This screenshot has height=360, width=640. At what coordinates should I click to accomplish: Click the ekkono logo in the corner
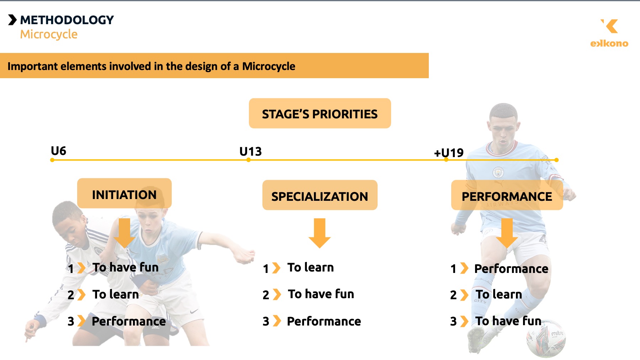coord(609,33)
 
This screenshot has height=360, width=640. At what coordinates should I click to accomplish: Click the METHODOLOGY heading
coord(67,20)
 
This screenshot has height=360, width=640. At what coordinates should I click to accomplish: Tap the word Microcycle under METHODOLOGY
coord(49,34)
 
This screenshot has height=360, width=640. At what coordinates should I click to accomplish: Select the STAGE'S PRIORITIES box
coord(320,113)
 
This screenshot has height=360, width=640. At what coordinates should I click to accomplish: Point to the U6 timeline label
coord(58,151)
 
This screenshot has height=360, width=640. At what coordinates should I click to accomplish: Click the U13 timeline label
coord(250,151)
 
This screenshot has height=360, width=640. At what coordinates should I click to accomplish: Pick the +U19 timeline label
coord(449,153)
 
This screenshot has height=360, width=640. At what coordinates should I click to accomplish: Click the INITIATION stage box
coord(124,193)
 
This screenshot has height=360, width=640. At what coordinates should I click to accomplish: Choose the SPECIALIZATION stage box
coord(320,195)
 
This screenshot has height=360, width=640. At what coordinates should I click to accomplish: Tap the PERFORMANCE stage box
coord(507,195)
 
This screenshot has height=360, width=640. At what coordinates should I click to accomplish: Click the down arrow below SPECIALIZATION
coord(320,233)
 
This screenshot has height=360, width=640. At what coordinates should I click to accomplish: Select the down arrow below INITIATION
coord(124,233)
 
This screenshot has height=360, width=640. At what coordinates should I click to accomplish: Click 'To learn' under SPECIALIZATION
coord(310,267)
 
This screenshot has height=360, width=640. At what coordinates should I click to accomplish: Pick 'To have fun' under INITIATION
coord(126,267)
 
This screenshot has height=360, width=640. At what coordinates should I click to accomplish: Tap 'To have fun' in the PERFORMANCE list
coord(508,321)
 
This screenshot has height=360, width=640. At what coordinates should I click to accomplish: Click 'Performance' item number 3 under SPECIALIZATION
coord(324,321)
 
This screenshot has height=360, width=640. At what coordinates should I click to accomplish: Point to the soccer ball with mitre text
coord(546,338)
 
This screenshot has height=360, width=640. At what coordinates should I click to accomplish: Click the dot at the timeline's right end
coord(556,160)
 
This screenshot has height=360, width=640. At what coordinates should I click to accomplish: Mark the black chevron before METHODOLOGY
coord(12,20)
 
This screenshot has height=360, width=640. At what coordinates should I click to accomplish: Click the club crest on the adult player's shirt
coord(498,173)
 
